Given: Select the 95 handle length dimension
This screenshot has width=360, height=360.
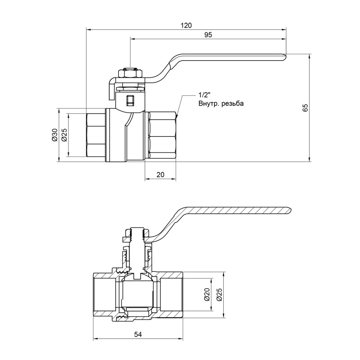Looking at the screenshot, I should [x=207, y=35].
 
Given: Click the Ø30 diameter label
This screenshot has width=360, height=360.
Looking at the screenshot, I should [x=54, y=135].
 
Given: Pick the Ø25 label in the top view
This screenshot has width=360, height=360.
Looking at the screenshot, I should [x=64, y=135].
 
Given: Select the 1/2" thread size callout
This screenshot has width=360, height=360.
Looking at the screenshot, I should [x=204, y=95].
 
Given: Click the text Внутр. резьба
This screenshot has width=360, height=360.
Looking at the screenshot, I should [x=220, y=103].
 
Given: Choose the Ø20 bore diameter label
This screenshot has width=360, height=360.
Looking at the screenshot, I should [x=207, y=295].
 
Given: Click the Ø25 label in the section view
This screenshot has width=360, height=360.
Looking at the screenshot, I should [x=219, y=295].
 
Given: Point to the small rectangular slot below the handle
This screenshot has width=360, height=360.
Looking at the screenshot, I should [x=130, y=100].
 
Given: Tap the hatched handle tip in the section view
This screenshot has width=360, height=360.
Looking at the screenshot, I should [x=287, y=210].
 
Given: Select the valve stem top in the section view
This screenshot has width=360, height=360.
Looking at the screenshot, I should [x=135, y=233].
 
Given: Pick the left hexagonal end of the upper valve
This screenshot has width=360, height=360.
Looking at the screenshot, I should [x=95, y=135].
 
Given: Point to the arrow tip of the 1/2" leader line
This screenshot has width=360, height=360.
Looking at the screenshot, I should [x=177, y=117].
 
